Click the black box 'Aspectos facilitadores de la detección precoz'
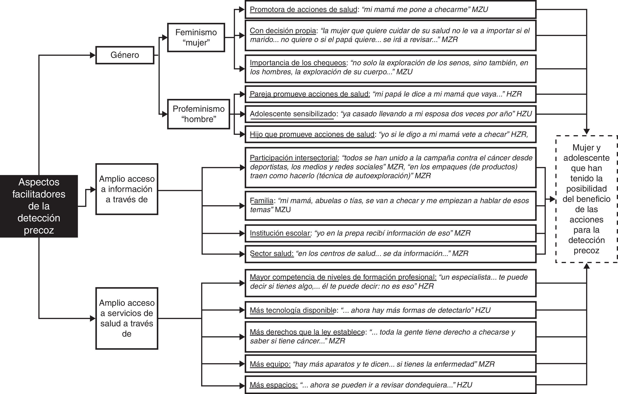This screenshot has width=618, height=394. (x=39, y=206)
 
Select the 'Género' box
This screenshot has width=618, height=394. (x=125, y=55)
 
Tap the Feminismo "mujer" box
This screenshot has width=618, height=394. (x=196, y=37)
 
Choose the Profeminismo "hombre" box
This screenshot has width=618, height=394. (x=198, y=114)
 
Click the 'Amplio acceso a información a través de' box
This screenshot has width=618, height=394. (x=127, y=189)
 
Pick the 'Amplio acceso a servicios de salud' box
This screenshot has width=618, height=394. (x=127, y=318)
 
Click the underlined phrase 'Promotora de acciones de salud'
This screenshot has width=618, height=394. (x=303, y=9)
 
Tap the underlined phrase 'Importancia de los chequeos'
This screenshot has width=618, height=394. (x=298, y=63)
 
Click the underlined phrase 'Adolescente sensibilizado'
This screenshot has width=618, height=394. (x=293, y=114)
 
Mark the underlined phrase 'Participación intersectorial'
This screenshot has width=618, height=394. (x=294, y=158)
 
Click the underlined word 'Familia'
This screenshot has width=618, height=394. (x=262, y=201)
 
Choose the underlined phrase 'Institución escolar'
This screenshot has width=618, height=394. (x=280, y=233)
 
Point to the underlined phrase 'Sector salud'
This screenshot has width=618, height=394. (x=271, y=253)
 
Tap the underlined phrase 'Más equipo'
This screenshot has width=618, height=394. (x=270, y=364)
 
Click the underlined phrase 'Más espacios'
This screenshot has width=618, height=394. (x=274, y=385)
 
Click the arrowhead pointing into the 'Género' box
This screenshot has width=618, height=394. (x=93, y=55)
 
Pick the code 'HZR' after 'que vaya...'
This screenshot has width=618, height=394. (x=514, y=94)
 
